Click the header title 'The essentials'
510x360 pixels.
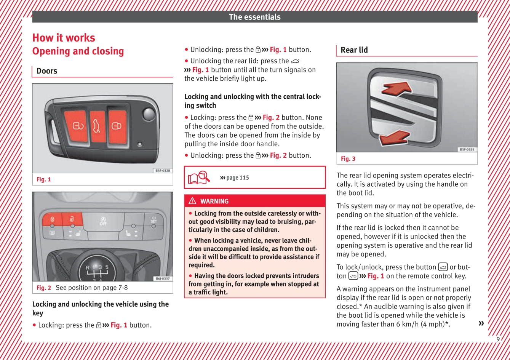[254, 17]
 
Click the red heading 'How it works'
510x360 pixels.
[64, 38]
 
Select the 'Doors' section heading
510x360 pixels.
[47, 71]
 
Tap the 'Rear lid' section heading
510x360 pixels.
[354, 50]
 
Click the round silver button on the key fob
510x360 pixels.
[149, 114]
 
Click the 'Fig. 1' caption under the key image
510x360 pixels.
[44, 179]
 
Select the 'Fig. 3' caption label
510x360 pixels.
[348, 159]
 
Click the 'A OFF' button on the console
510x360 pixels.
[103, 221]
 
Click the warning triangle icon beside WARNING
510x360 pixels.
[193, 201]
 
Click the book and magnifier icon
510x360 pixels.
[199, 177]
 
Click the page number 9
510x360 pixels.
[498, 339]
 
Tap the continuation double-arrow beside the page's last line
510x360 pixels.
[481, 323]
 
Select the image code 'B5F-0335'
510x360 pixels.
[467, 149]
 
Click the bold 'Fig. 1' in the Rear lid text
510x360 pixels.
[376, 276]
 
